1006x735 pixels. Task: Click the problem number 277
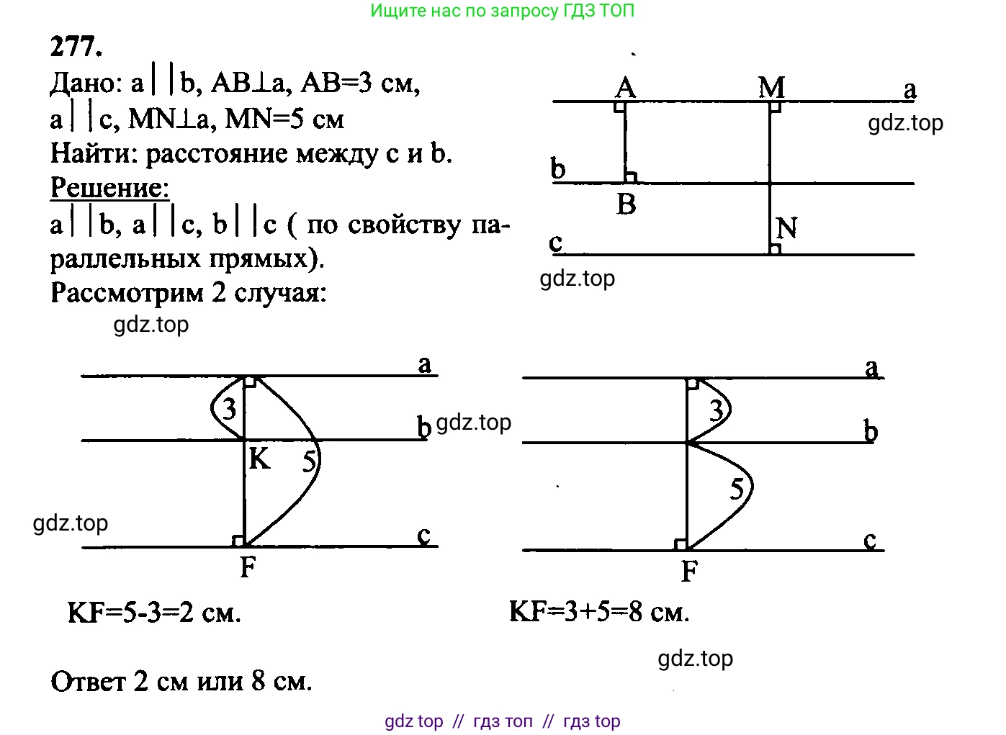[76, 47]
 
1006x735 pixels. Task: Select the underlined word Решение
[109, 188]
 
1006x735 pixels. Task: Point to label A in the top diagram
[625, 88]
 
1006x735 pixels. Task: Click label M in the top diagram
[771, 88]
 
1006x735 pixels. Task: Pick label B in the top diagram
[626, 204]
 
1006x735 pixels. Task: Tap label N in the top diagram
[786, 229]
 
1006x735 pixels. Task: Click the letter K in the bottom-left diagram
[259, 459]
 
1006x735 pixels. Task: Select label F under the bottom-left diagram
[248, 568]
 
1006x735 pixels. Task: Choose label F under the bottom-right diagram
[689, 572]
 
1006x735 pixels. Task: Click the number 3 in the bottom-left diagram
[229, 410]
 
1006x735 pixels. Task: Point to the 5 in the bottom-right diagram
[737, 490]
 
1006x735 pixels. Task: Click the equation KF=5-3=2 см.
[154, 613]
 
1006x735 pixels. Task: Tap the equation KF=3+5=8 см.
[599, 612]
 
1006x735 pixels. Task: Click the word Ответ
[88, 681]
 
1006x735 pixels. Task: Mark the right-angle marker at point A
[619, 107]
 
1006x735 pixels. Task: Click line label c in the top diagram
[556, 243]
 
